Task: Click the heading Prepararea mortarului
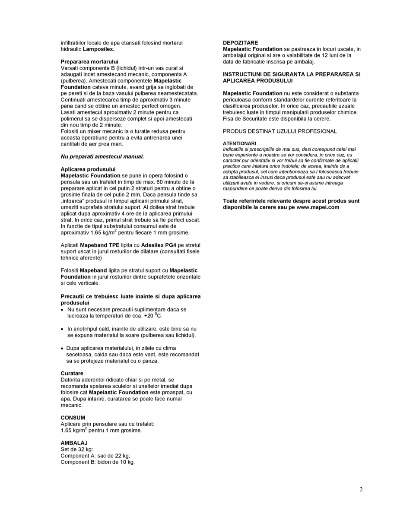[x=89, y=62]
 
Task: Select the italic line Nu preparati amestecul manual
[x=102, y=156]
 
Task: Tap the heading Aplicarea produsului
[x=88, y=169]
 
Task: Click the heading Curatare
[x=72, y=373]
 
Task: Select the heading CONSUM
[x=73, y=418]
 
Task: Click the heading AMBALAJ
[x=74, y=443]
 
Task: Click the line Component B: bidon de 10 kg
[x=98, y=462]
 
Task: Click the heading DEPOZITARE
[x=241, y=43]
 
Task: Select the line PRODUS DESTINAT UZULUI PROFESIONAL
[x=280, y=131]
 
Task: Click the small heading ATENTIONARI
[x=239, y=143]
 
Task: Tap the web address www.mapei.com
[x=318, y=207]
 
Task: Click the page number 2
[x=361, y=489]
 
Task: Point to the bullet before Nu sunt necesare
[x=63, y=310]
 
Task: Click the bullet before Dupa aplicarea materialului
[x=63, y=348]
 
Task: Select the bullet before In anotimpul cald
[x=63, y=329]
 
